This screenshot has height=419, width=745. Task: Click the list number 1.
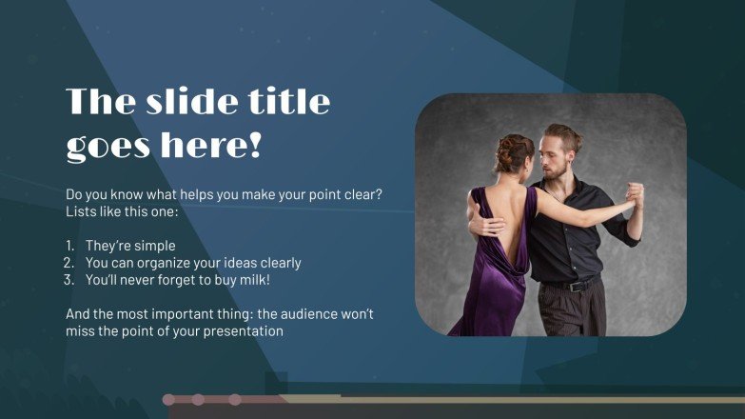[69, 246]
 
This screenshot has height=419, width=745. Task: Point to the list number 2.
[69, 263]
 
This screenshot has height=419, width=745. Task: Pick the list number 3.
[69, 280]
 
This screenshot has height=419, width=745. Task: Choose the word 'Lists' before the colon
[82, 210]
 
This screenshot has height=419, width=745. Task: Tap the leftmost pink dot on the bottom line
[168, 400]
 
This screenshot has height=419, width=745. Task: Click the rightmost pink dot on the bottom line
[235, 400]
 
